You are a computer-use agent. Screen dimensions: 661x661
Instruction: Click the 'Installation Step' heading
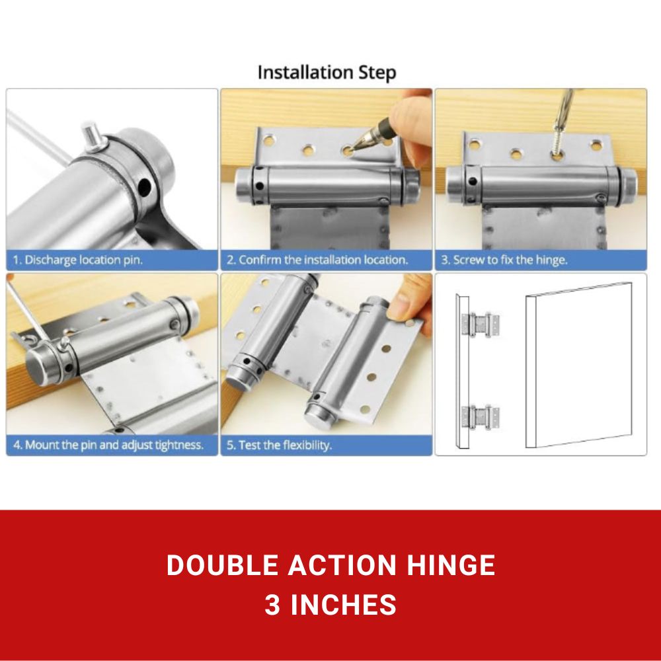coord(327,72)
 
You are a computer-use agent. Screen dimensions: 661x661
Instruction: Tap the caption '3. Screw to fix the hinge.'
coord(504,260)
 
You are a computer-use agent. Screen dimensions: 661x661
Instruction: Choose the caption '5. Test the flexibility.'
coord(278,445)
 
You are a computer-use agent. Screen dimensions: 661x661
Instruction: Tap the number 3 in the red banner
coord(272,605)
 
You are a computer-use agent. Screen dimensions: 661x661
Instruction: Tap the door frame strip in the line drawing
coord(462,370)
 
